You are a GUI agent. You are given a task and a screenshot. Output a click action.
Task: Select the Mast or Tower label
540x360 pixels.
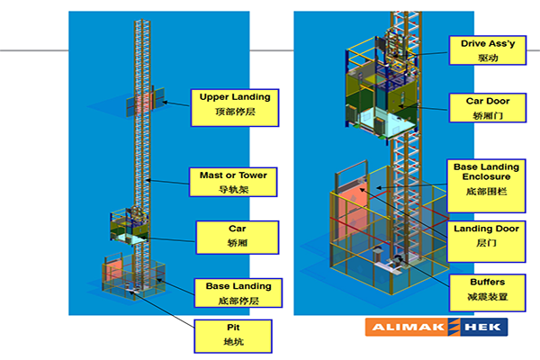[x=232, y=181]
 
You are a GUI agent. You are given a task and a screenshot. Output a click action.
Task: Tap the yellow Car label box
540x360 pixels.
[x=231, y=234]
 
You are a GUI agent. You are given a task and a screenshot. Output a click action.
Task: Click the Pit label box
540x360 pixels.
[x=233, y=334]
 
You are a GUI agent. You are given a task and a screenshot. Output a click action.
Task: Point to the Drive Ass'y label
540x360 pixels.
[x=488, y=49]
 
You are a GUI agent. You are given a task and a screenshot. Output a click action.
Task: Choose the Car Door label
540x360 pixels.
[x=488, y=107]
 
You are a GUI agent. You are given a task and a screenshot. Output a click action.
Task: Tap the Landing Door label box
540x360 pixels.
[x=487, y=236]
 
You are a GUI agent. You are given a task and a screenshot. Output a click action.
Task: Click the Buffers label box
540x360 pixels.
[x=487, y=289]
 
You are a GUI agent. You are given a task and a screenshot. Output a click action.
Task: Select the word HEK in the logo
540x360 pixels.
[x=483, y=328]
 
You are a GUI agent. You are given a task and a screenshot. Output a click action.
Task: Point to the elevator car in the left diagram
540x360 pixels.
[x=131, y=227]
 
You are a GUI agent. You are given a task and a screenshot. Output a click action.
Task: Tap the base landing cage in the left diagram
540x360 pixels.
[x=131, y=275]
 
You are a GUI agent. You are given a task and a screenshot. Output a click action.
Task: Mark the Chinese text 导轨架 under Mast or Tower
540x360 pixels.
[x=232, y=189]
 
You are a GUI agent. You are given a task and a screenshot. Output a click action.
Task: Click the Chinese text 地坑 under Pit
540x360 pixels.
[x=233, y=342]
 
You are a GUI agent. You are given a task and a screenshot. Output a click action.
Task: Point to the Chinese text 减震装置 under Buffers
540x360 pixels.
[x=487, y=296]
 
